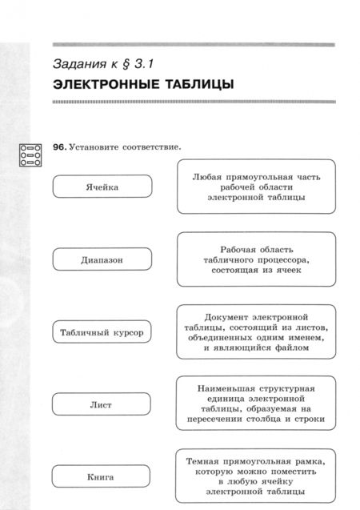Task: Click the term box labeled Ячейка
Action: click(102, 187)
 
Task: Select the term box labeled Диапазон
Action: click(102, 260)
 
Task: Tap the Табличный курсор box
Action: click(102, 331)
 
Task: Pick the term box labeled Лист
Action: click(102, 405)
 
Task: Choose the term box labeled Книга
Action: click(102, 477)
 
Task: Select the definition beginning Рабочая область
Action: click(256, 259)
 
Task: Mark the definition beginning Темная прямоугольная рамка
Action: click(256, 476)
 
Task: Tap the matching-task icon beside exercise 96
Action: click(30, 155)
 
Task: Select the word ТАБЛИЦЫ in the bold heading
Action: click(201, 84)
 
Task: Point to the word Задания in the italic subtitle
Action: click(81, 62)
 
